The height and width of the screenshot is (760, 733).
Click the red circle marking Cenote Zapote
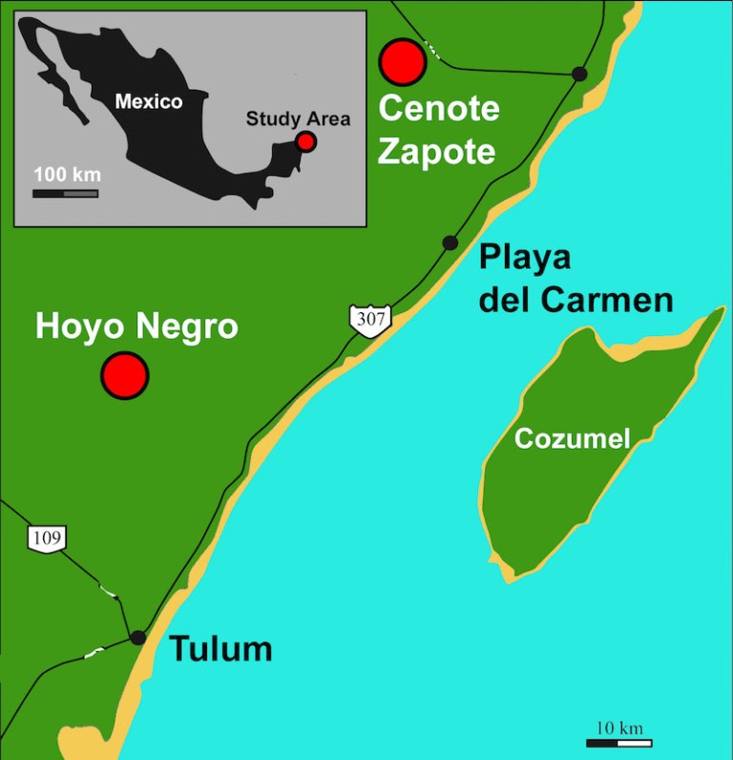[402, 61]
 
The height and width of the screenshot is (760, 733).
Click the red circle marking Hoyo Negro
[125, 374]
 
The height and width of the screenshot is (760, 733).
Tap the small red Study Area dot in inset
[305, 141]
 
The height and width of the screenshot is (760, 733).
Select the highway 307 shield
[369, 319]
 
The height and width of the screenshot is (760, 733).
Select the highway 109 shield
[47, 538]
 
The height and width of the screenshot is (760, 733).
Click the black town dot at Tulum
[138, 637]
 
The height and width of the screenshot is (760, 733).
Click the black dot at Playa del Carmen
[450, 243]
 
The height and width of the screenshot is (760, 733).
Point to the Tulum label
[220, 649]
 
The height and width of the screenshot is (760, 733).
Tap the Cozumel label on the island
[573, 438]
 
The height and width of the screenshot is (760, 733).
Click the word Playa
[524, 258]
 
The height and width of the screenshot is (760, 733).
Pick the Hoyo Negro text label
[136, 327]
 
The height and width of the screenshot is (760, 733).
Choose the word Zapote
[437, 151]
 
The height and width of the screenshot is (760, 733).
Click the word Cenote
[439, 108]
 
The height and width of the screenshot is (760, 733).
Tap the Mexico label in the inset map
[148, 100]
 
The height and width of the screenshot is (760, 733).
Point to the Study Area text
[298, 119]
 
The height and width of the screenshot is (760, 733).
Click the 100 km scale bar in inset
[65, 194]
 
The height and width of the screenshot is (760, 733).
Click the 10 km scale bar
[618, 743]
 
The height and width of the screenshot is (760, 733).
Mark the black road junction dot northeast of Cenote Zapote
[579, 74]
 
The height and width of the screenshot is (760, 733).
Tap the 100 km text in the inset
[67, 176]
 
